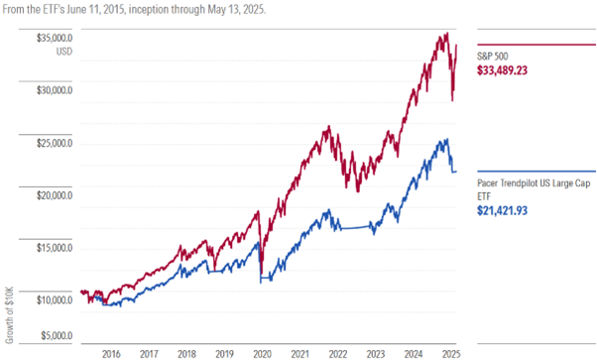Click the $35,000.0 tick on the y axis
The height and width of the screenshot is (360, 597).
click(54, 38)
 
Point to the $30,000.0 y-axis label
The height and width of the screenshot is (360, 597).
click(54, 90)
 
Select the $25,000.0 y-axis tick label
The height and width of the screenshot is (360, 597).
click(54, 143)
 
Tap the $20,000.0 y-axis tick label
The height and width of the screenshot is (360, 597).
click(54, 195)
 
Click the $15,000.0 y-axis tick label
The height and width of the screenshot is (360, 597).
click(54, 248)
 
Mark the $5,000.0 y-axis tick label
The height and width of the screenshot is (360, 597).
click(56, 335)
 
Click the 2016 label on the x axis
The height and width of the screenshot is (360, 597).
click(111, 352)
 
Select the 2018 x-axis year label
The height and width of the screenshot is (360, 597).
click(187, 352)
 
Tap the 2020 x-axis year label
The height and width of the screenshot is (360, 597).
click(263, 352)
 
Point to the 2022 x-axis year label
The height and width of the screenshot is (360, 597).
click(338, 352)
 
